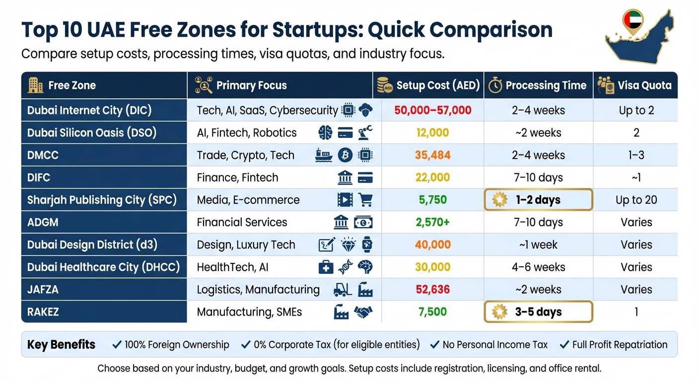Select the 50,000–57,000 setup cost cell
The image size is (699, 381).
tap(432, 110)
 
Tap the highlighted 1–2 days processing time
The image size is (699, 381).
tap(538, 200)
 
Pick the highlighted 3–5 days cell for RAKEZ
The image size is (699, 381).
tap(538, 312)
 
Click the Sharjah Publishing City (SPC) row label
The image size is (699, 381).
tap(102, 200)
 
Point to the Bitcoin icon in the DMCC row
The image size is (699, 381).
tap(345, 155)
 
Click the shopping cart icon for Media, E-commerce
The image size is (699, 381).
tap(365, 200)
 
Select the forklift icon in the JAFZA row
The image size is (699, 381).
tap(343, 290)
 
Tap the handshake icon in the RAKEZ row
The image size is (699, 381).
tap(363, 312)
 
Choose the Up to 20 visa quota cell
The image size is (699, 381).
tap(636, 200)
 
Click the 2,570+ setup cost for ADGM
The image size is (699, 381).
tap(432, 222)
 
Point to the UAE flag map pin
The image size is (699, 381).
tap(633, 22)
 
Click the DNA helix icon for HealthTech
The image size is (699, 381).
tap(346, 267)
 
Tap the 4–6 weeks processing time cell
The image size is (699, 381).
tap(538, 267)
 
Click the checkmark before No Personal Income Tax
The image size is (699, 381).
tap(435, 344)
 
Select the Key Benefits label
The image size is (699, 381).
tap(61, 345)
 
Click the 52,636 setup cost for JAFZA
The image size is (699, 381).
tap(432, 290)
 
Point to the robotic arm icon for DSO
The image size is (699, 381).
tap(365, 132)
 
